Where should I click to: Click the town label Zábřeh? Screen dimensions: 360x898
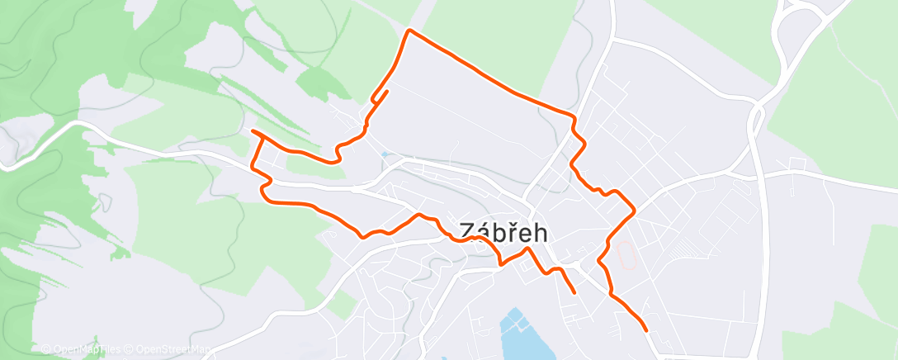coord(503,233)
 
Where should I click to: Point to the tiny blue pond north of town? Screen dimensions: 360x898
coord(384,154)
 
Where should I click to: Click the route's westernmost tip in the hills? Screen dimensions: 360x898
coord(252,131)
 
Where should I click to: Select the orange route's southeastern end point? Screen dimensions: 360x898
coord(645,330)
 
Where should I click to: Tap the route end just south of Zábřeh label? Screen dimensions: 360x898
coord(574,291)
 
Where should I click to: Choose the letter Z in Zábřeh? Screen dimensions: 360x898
coord(466,233)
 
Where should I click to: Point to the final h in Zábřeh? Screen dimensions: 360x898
coord(540,233)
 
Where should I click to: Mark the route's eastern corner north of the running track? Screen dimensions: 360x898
coord(634,211)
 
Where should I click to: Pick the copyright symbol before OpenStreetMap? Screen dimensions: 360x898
coord(130,349)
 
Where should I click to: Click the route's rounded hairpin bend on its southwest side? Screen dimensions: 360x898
coord(262,192)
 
